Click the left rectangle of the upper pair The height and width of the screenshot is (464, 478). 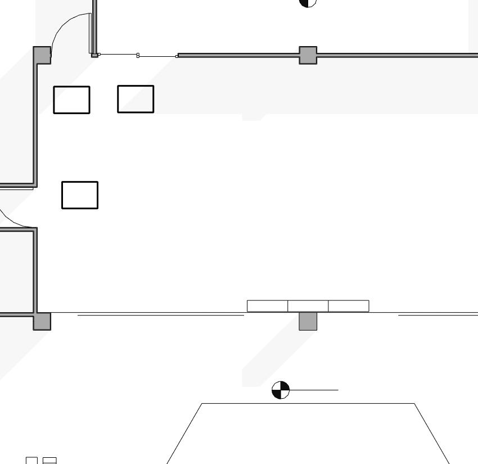click(x=71, y=100)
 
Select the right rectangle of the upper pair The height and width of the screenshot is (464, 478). click(x=136, y=99)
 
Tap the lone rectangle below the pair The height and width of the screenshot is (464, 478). click(x=79, y=195)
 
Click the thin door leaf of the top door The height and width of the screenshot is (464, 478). click(x=90, y=34)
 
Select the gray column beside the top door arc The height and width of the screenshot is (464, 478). click(x=42, y=55)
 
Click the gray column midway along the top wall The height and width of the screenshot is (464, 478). click(x=308, y=55)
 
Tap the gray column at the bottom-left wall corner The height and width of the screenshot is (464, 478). click(x=42, y=321)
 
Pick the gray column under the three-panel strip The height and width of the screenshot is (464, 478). click(x=308, y=321)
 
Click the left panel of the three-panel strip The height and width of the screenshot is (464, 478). click(x=267, y=306)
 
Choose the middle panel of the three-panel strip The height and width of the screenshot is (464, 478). click(x=308, y=306)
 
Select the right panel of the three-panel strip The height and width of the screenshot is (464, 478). click(x=348, y=306)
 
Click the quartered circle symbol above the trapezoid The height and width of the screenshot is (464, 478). click(x=281, y=389)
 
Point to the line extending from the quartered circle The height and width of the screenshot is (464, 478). click(x=315, y=389)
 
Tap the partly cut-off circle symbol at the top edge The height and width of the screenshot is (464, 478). click(x=308, y=2)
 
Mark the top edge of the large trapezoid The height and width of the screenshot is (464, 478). click(x=308, y=403)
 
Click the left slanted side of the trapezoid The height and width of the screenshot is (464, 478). click(x=184, y=433)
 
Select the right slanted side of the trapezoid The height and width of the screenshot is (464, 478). click(x=432, y=433)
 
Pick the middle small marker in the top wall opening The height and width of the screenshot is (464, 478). click(x=138, y=55)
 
